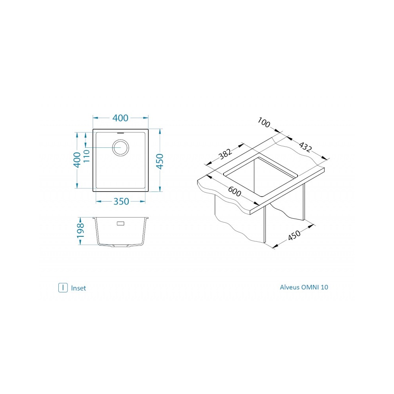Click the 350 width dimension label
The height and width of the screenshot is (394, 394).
tap(121, 201)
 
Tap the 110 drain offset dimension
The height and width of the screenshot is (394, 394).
tap(86, 156)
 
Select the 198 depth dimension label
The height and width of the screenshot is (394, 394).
tap(80, 230)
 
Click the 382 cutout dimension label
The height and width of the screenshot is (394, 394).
tap(225, 154)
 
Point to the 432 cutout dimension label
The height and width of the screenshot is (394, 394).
tap(305, 147)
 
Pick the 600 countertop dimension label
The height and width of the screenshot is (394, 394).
tap(234, 192)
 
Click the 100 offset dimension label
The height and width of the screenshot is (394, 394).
tap(264, 123)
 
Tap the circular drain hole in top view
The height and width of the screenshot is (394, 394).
tap(121, 147)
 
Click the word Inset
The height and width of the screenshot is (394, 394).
tap(78, 288)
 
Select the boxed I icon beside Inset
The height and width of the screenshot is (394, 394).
tap(63, 288)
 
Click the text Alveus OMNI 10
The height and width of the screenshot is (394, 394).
tap(304, 287)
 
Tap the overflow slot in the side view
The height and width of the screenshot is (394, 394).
tap(121, 223)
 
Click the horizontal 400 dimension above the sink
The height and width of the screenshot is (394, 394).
tap(120, 118)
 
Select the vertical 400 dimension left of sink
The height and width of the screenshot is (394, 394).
tap(77, 160)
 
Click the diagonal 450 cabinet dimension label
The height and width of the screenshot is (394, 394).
tap(294, 235)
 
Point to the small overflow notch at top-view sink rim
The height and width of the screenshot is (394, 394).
tap(121, 132)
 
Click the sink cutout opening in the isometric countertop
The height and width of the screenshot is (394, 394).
tap(260, 176)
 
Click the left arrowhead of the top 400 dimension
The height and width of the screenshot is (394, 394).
tap(96, 118)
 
